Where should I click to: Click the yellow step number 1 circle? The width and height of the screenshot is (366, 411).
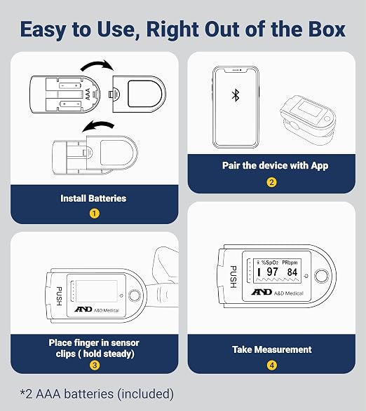94,214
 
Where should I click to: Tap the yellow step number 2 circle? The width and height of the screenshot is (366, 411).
271,182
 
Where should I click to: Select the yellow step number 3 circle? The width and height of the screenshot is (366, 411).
95,365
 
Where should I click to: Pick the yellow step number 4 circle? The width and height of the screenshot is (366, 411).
272,365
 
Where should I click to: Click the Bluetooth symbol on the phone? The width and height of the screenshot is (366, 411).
236,95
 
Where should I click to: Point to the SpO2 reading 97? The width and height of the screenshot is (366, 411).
272,272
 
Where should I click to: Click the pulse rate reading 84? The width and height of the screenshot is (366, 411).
292,272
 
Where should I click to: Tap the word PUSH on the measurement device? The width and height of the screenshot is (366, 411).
233,277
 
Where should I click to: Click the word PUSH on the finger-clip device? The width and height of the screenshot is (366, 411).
59,296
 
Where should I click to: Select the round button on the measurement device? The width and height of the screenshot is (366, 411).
321,276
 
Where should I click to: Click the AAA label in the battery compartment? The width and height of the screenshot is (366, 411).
88,94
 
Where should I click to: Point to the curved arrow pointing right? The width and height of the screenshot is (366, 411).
97,64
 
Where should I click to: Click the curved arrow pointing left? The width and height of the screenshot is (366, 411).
98,125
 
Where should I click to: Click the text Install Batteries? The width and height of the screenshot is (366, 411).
93,198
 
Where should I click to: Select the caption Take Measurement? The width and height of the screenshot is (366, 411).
272,349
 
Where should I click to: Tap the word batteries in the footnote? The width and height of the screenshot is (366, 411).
89,394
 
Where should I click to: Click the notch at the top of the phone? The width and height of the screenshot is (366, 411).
236,70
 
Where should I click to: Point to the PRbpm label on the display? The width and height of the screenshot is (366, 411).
290,263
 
